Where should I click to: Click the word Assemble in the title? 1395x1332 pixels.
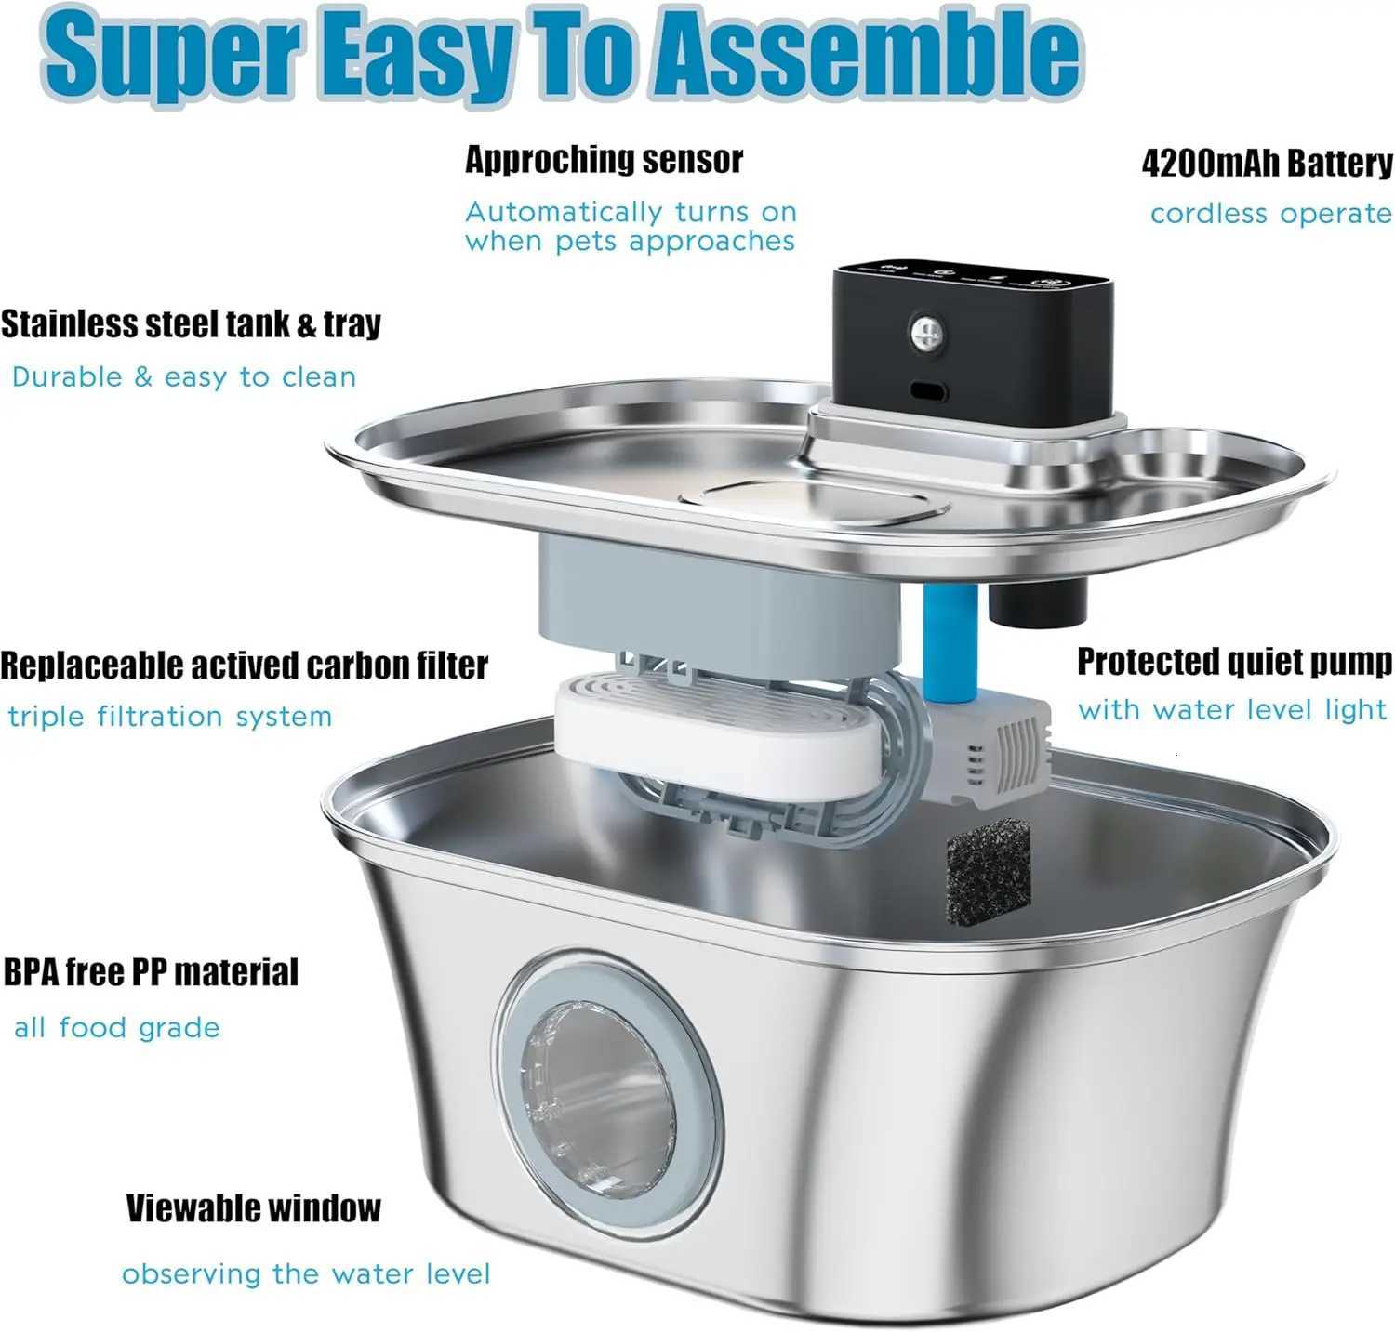(x=864, y=53)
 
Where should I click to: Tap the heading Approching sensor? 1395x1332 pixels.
(x=604, y=160)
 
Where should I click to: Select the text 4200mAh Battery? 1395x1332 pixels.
(x=1267, y=164)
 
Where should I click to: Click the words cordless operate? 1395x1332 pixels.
(x=1270, y=214)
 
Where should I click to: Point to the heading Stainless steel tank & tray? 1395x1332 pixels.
(x=191, y=324)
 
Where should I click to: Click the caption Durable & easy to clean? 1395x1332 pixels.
(x=183, y=377)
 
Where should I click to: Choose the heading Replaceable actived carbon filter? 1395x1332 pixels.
(x=244, y=666)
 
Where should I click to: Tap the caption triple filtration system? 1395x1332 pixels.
(x=169, y=717)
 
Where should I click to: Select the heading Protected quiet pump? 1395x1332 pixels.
(x=1234, y=662)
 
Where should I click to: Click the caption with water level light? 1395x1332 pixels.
(x=1232, y=710)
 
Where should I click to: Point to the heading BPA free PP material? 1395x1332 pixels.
(x=151, y=972)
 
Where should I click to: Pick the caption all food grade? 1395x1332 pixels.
(x=116, y=1028)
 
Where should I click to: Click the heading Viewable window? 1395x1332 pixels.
(x=253, y=1208)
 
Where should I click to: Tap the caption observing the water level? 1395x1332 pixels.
(x=305, y=1273)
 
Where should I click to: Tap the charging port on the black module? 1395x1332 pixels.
(x=927, y=390)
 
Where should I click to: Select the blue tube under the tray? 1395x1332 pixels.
(x=950, y=641)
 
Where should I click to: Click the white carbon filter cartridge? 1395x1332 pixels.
(x=716, y=734)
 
